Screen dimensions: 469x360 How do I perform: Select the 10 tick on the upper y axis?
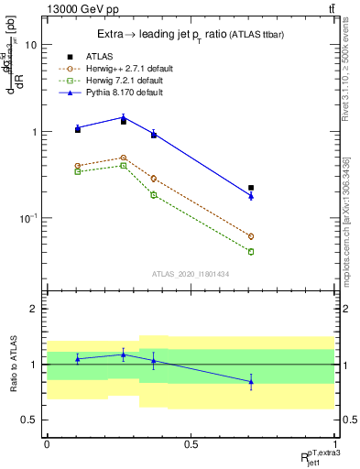31,45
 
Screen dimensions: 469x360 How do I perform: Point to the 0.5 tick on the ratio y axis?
30,420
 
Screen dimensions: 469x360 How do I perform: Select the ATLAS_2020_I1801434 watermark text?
191,274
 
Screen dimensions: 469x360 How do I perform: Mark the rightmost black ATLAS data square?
251,188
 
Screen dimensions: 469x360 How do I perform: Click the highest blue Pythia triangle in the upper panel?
124,117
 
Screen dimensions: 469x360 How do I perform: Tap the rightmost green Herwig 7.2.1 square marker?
251,252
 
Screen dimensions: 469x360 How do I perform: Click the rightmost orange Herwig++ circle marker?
251,236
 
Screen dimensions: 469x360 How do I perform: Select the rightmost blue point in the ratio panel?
251,381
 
